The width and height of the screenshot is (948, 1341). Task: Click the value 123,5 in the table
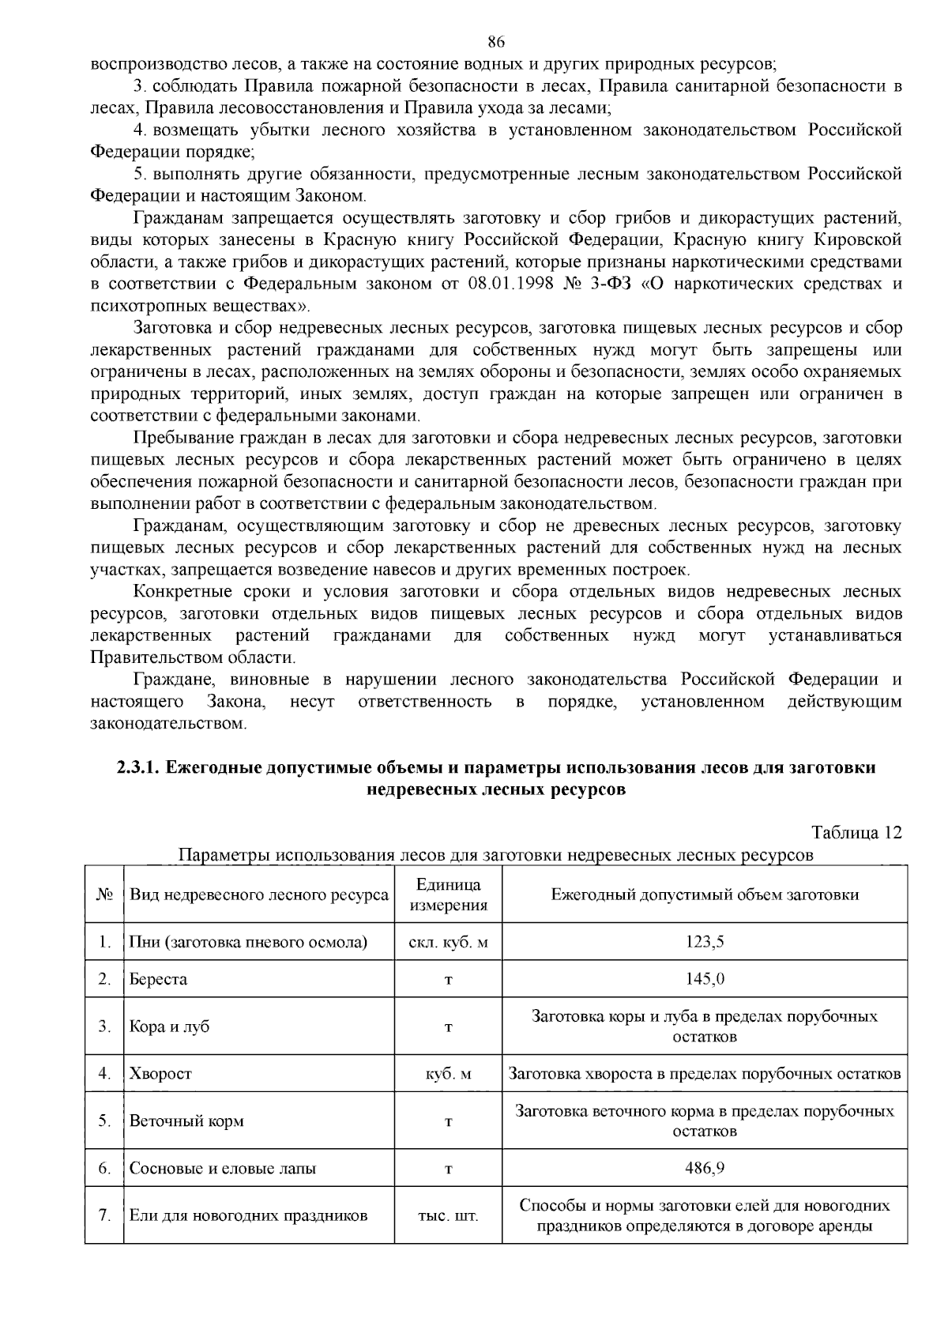point(705,941)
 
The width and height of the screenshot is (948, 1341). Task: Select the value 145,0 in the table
point(705,979)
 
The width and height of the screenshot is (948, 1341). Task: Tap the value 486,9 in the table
point(705,1168)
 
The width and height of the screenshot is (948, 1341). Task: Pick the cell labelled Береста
point(158,979)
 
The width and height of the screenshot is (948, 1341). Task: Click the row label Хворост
point(160,1073)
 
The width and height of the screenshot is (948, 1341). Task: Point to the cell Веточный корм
point(186,1121)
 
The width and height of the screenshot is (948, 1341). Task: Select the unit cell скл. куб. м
point(448,941)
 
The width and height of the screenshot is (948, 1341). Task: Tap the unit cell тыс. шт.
point(448,1215)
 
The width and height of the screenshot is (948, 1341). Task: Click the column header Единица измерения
point(448,895)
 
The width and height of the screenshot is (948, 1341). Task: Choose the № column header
point(104,895)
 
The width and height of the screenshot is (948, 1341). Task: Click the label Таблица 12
point(856,832)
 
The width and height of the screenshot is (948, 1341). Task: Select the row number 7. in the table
point(104,1215)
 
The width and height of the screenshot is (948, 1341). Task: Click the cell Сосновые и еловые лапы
point(223,1168)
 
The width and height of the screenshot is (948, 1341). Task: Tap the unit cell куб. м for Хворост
point(448,1073)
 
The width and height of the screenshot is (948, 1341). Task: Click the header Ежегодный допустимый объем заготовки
point(705,895)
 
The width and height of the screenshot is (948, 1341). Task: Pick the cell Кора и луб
point(169,1026)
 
